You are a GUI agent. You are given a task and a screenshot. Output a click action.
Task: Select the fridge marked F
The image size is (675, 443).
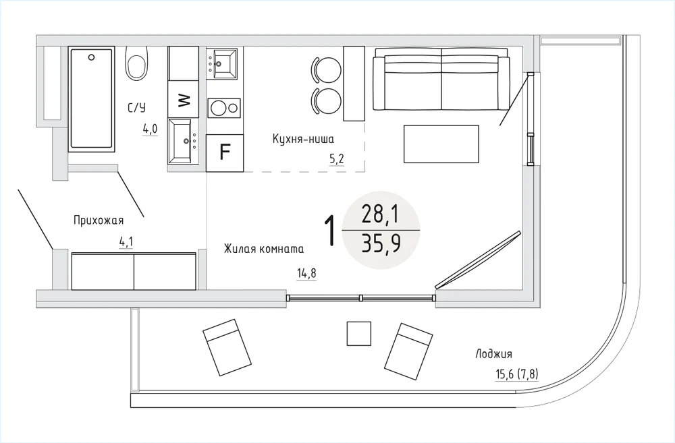(x=224, y=152)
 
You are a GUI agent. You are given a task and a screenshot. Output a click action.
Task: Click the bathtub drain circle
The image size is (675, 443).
(x=91, y=57)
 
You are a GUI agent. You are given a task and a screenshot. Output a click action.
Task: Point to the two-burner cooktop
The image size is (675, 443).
(x=224, y=108)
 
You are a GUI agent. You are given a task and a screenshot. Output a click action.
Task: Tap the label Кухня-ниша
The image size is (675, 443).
(x=303, y=139)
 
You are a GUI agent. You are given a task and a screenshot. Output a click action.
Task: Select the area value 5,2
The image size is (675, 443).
(x=337, y=159)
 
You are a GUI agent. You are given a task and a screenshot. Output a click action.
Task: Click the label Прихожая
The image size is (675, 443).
(x=99, y=220)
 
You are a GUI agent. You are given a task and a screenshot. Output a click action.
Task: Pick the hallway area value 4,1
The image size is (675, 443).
(x=126, y=242)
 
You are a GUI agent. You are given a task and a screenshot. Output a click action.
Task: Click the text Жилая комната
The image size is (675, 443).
(x=263, y=249)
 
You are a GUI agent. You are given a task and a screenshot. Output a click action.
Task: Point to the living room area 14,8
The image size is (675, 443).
(x=306, y=273)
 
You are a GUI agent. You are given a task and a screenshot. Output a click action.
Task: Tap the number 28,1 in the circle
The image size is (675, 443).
(x=381, y=214)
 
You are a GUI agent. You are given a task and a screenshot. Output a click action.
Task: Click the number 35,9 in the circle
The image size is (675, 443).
(x=381, y=243)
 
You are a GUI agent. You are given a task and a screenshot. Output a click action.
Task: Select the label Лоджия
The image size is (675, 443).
(x=494, y=354)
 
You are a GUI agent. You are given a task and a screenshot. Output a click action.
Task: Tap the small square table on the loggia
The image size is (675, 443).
(x=359, y=333)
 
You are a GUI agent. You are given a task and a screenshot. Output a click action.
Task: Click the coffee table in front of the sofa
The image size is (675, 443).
(x=441, y=144)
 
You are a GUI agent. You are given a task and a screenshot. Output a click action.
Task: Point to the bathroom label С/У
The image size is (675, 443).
(x=136, y=107)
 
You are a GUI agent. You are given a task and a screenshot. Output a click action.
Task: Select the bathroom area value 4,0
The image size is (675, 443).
(x=151, y=129)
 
